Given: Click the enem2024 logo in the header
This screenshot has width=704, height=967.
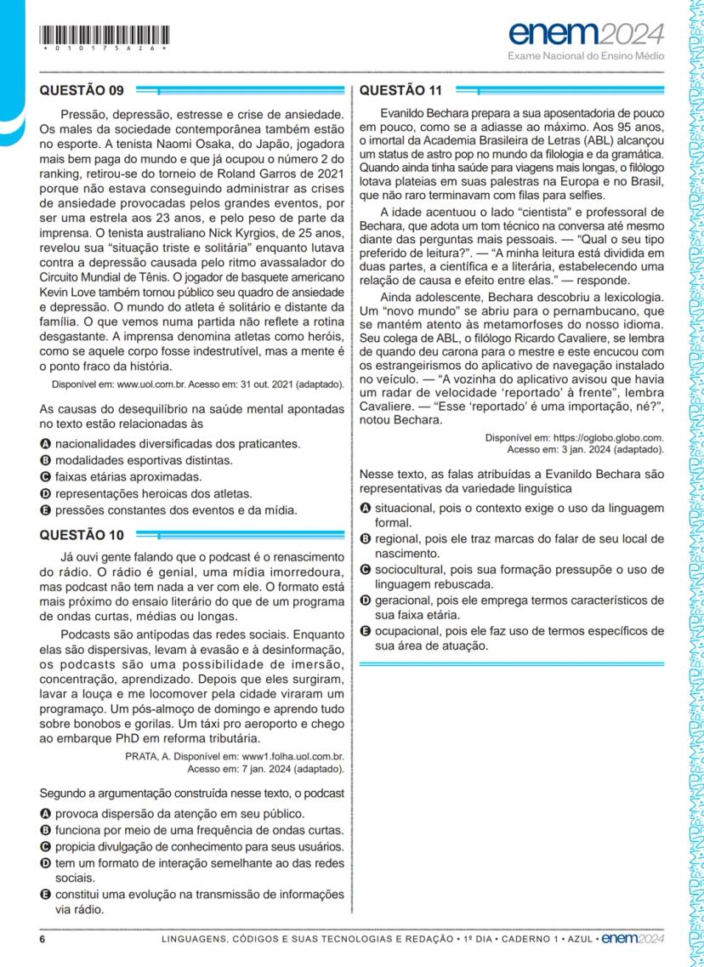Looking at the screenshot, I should click(x=586, y=35).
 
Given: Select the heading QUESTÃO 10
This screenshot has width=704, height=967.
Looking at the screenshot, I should click(x=82, y=535).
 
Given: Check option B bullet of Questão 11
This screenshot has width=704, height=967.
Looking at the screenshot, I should click(x=365, y=539).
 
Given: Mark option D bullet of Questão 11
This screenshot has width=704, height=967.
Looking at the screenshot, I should click(x=365, y=600).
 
